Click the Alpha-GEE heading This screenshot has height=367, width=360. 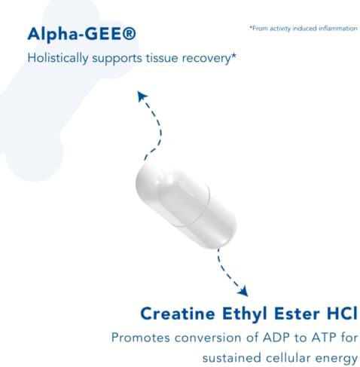click(x=82, y=34)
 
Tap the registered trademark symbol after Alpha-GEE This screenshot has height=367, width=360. click(x=130, y=34)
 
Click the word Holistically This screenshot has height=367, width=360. click(x=58, y=58)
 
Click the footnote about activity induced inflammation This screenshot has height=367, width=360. click(x=304, y=28)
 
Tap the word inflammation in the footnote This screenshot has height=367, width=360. click(x=338, y=28)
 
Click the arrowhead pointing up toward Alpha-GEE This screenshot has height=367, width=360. click(x=142, y=96)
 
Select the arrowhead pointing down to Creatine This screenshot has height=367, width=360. click(x=243, y=292)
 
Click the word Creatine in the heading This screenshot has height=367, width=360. click(x=178, y=313)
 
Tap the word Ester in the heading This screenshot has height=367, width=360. click(x=297, y=313)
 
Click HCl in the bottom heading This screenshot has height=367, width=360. click(x=342, y=313)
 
